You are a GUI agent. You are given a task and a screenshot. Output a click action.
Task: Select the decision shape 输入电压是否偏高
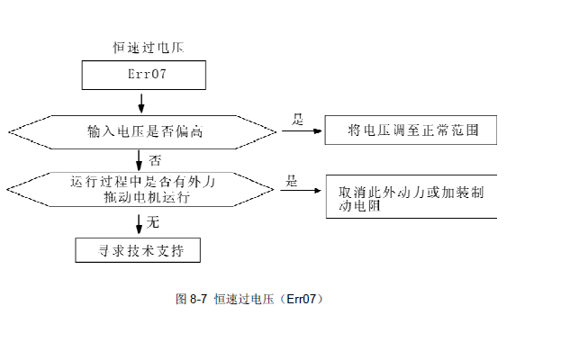pos(142,131)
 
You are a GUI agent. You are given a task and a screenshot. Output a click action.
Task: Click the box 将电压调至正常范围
pos(411,130)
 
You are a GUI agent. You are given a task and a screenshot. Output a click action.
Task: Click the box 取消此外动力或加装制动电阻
pos(411,197)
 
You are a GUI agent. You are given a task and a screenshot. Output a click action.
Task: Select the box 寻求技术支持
pos(138,249)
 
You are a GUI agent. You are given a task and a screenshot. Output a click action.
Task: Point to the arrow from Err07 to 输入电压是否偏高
pos(140,101)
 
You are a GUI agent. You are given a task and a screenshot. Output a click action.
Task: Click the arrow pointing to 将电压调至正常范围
pos(301,131)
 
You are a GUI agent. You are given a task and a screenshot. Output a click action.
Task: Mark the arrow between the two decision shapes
pos(139,160)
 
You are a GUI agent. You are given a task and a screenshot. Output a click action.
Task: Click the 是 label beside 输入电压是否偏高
pos(298,118)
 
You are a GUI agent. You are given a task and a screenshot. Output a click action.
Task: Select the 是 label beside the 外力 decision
pos(292,180)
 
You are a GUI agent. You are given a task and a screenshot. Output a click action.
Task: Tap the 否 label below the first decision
pos(154,160)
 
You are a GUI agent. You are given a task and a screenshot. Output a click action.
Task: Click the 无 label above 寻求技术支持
pos(153,220)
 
